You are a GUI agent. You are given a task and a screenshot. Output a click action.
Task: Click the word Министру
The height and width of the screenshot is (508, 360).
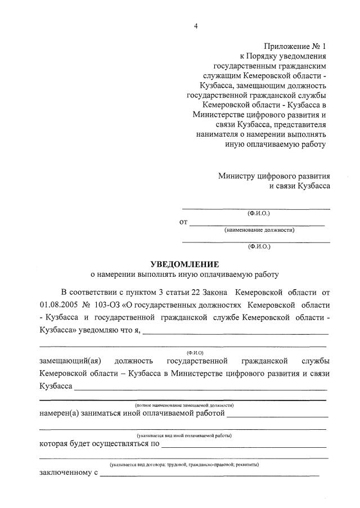[x=238, y=176]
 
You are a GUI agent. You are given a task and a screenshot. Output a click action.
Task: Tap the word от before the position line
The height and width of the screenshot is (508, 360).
[x=183, y=222]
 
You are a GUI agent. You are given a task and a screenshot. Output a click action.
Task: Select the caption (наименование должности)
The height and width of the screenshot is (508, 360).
[x=259, y=230]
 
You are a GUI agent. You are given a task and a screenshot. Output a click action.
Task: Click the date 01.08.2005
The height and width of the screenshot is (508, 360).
[x=58, y=305]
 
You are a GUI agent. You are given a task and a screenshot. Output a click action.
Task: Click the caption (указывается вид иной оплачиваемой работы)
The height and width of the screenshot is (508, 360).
[x=184, y=436]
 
